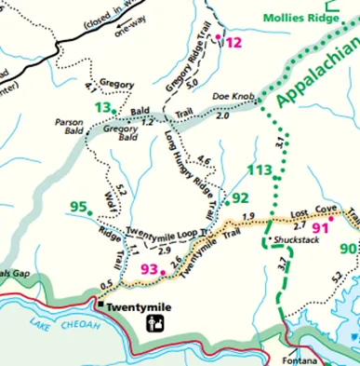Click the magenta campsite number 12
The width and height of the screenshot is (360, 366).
233,42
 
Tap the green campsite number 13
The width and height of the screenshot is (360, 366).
102,108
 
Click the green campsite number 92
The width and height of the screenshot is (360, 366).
241,197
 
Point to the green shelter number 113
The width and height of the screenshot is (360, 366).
261,170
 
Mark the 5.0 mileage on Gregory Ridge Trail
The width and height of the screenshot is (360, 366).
192,83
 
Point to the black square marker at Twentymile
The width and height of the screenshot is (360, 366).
100,303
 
